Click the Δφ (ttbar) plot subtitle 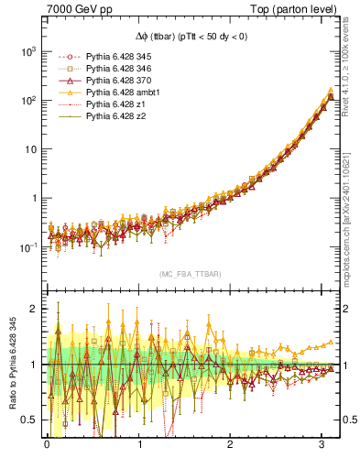coord(190,36)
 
